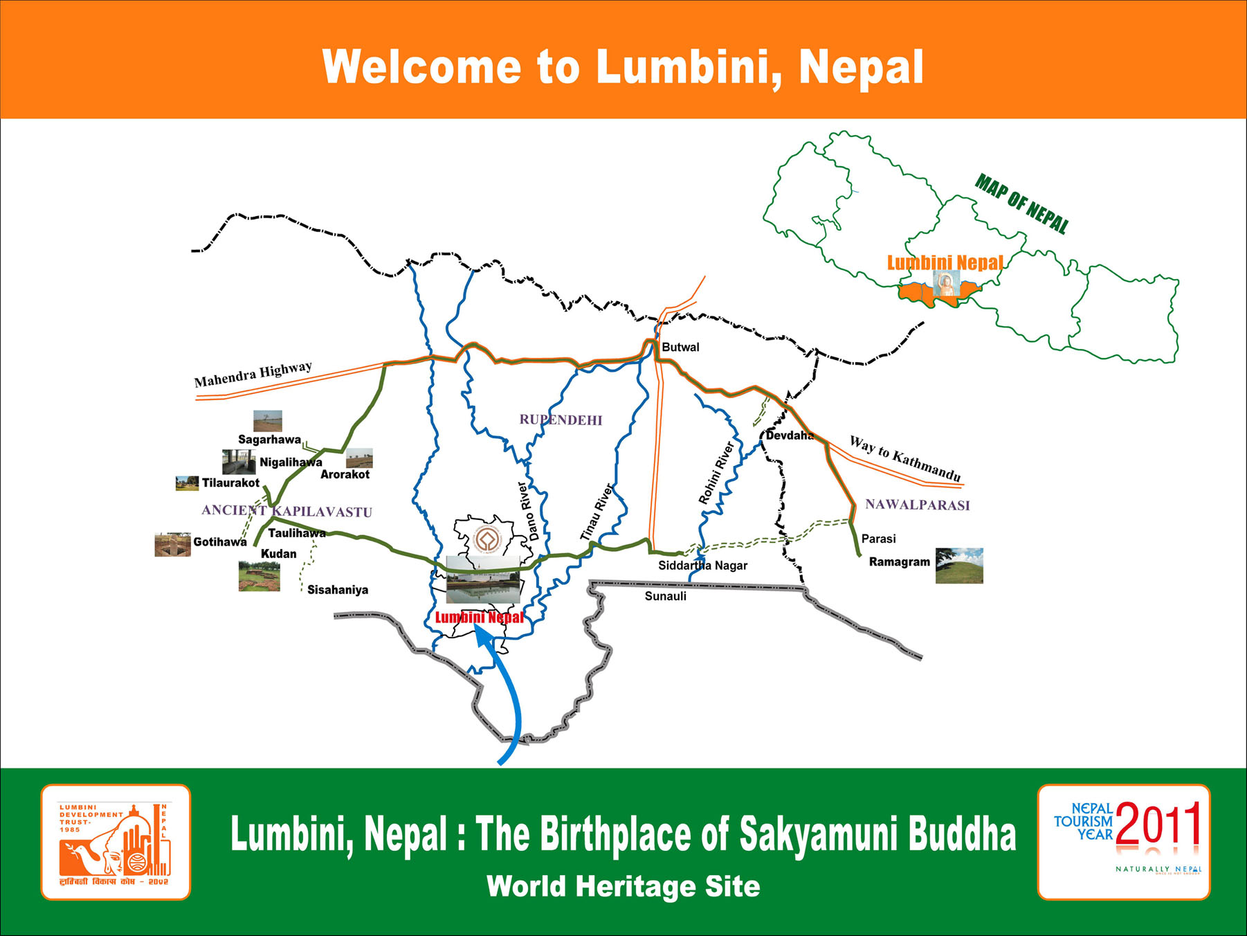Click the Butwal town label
click(x=680, y=347)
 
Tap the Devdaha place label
click(x=789, y=435)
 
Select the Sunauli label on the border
click(x=665, y=596)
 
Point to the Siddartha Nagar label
click(x=702, y=566)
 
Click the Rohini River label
click(x=716, y=473)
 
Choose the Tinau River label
click(x=597, y=512)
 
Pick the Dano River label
click(x=528, y=511)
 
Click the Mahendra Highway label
click(x=253, y=375)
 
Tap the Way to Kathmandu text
click(x=905, y=458)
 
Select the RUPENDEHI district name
click(x=561, y=420)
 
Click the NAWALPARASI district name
click(x=917, y=505)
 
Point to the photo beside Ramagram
click(x=959, y=566)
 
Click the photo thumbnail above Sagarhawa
click(x=267, y=421)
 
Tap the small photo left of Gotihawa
click(x=172, y=545)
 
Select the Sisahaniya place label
click(x=338, y=590)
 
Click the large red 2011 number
click(x=1158, y=824)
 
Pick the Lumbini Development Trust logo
click(x=116, y=842)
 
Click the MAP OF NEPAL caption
click(x=1021, y=204)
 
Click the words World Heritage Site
click(x=623, y=886)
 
